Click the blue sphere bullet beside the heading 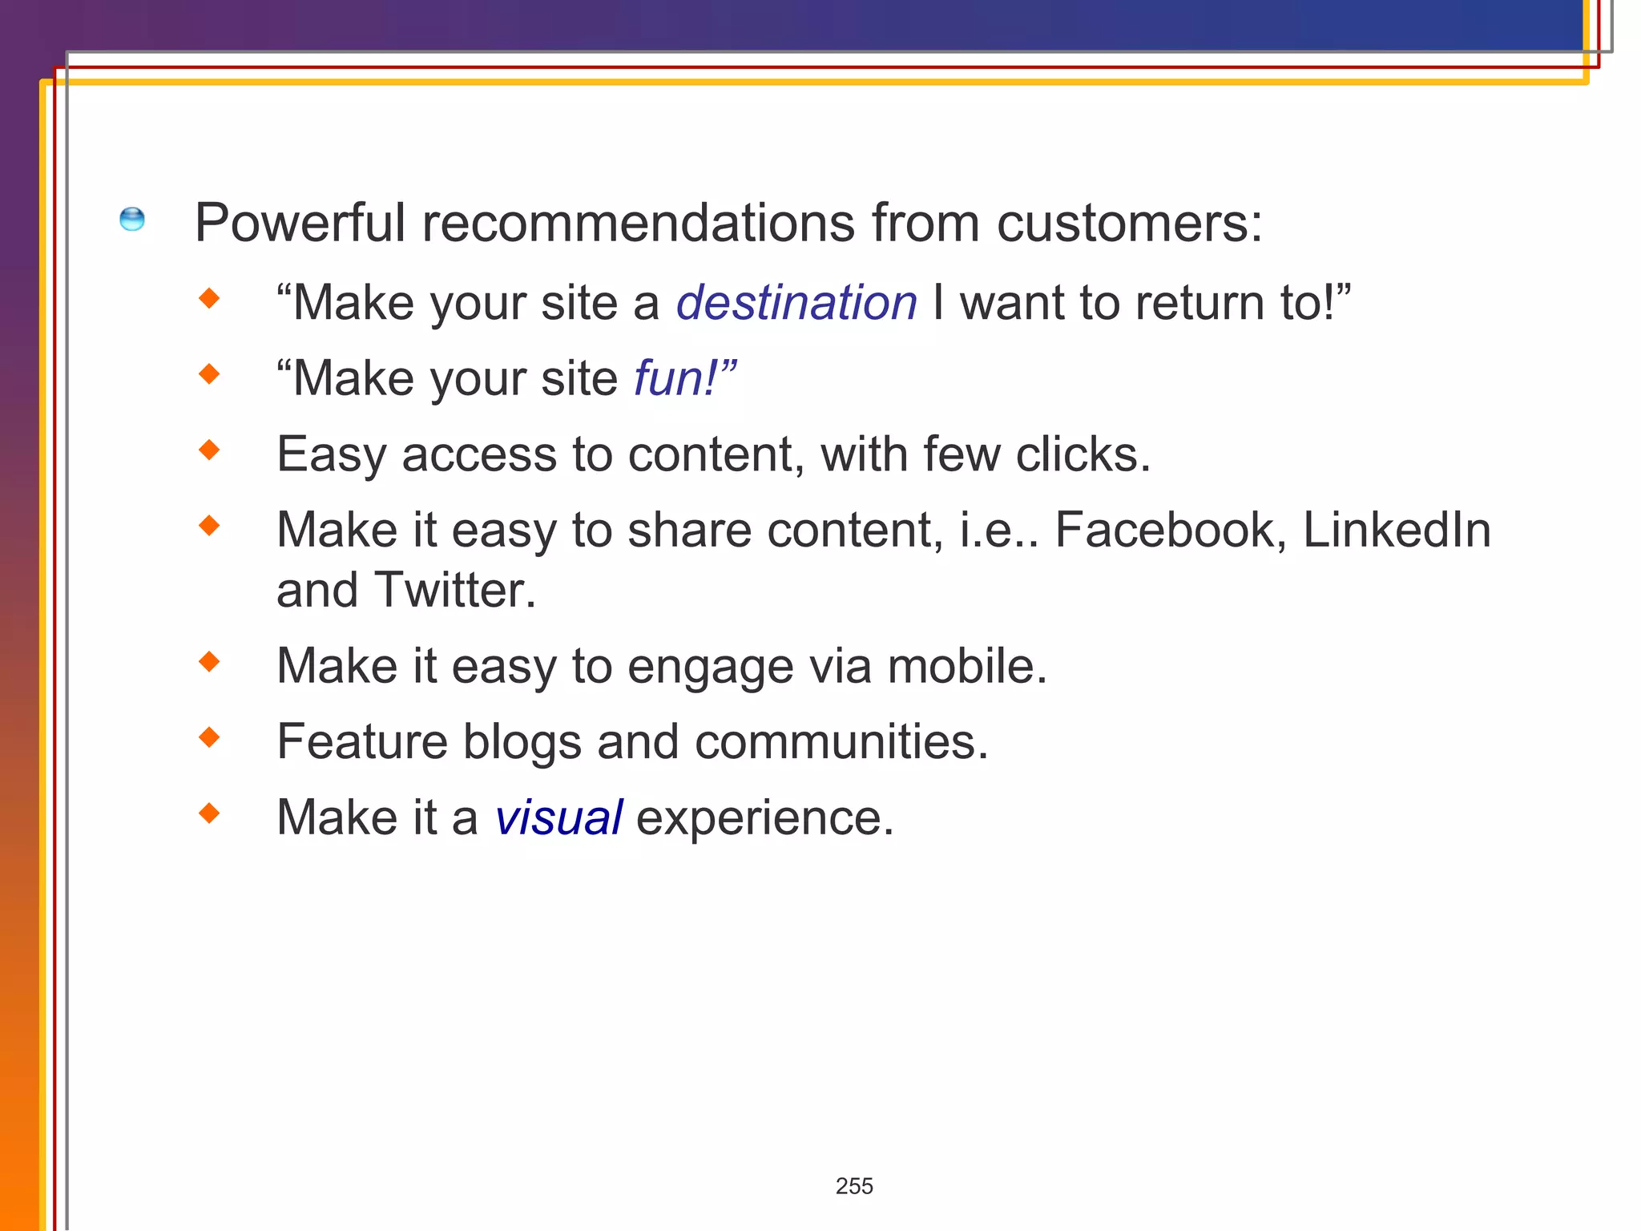pyautogui.click(x=132, y=219)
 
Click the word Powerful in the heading pyautogui.click(x=300, y=223)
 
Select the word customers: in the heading pyautogui.click(x=1129, y=223)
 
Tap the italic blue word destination pyautogui.click(x=796, y=303)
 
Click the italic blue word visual pyautogui.click(x=558, y=817)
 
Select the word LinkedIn pyautogui.click(x=1397, y=531)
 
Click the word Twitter pyautogui.click(x=454, y=591)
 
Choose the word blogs pyautogui.click(x=522, y=742)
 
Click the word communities pyautogui.click(x=841, y=742)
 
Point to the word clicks pyautogui.click(x=1082, y=454)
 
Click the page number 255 pyautogui.click(x=854, y=1186)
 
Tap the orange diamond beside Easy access pyautogui.click(x=210, y=450)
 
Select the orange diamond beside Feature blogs pyautogui.click(x=210, y=737)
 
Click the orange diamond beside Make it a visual pyautogui.click(x=210, y=813)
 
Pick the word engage pyautogui.click(x=710, y=668)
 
